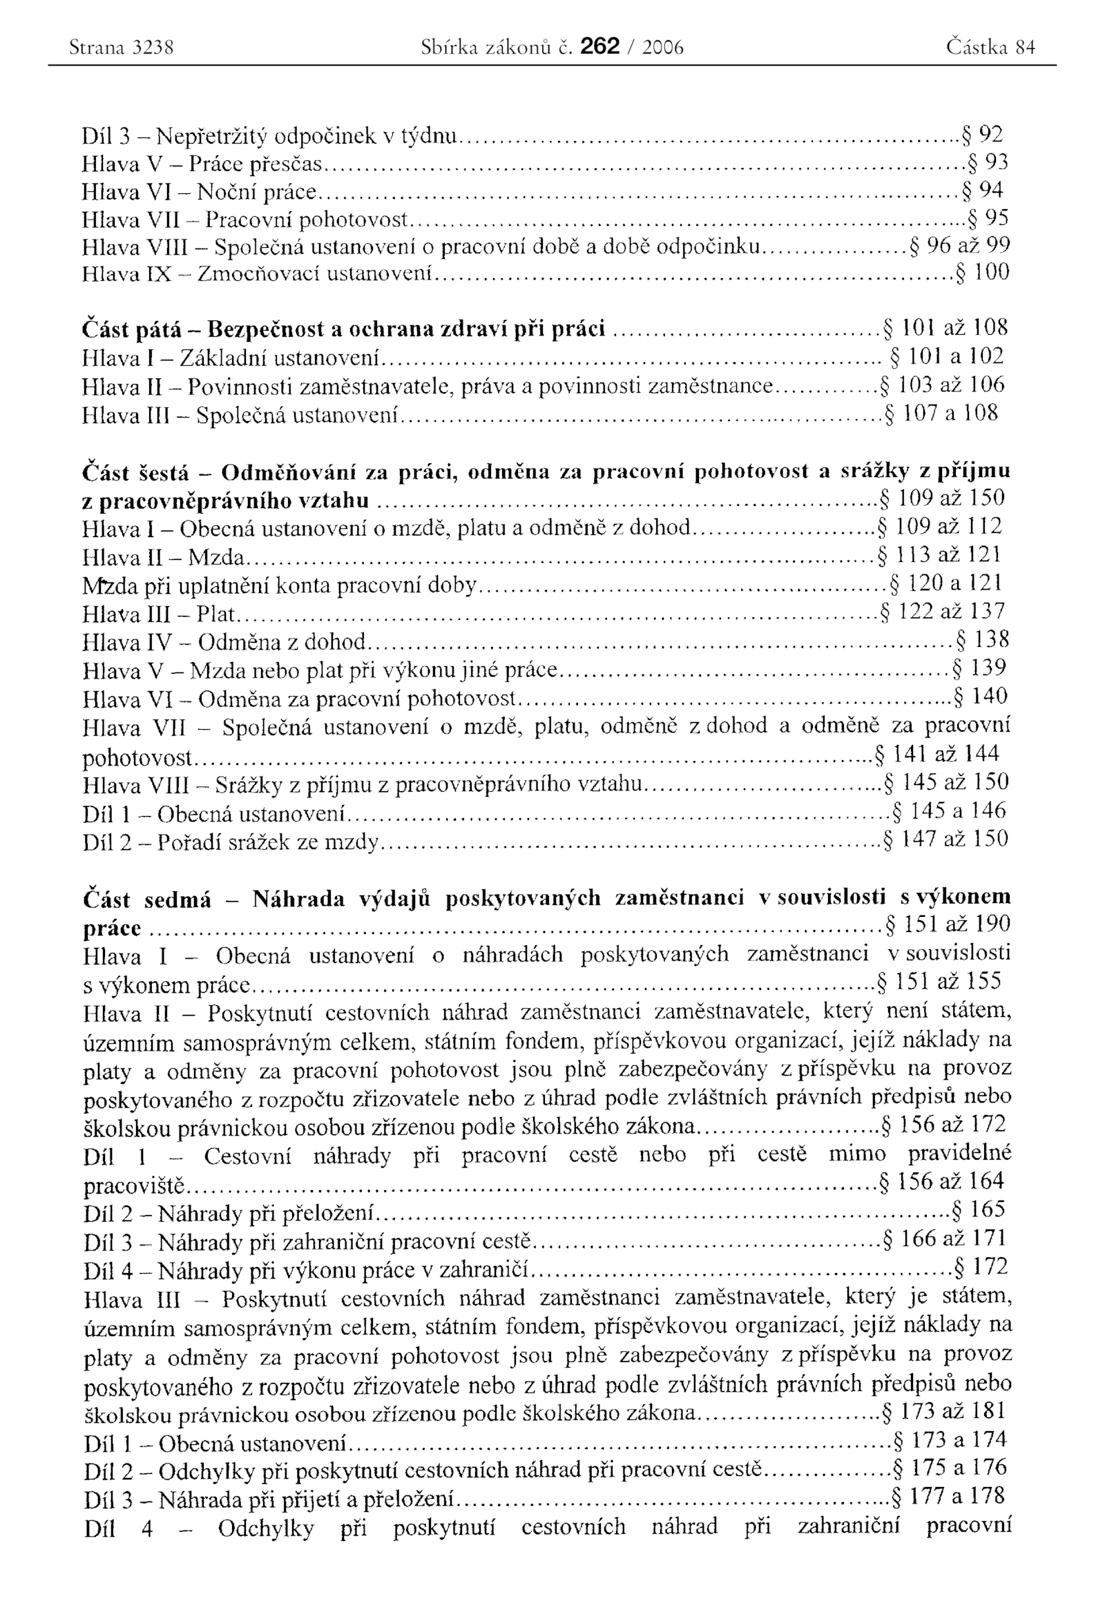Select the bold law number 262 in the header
(599, 46)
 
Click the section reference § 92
(982, 133)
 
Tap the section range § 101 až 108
(946, 327)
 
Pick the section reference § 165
(979, 1209)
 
